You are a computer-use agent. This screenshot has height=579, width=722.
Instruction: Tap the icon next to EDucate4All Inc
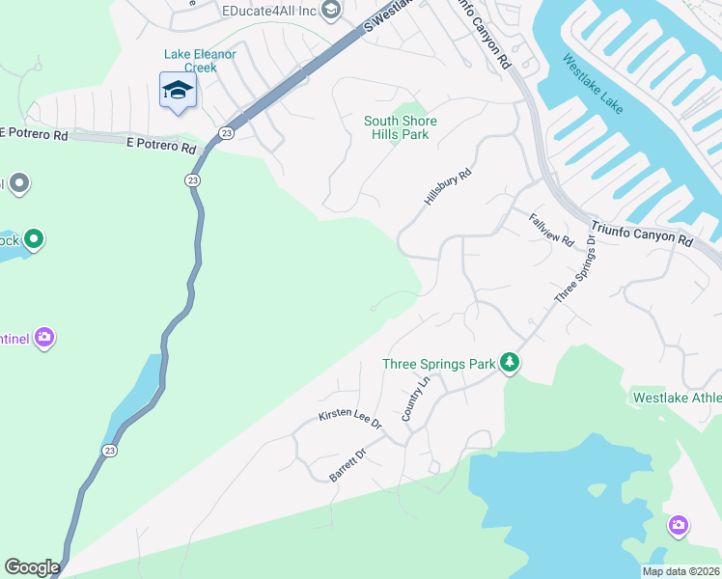click(x=332, y=11)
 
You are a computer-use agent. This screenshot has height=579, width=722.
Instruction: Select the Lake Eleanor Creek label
click(x=200, y=61)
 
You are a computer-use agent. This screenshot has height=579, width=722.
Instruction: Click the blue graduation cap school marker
click(x=178, y=92)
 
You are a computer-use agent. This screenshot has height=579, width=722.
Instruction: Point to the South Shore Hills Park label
click(x=401, y=127)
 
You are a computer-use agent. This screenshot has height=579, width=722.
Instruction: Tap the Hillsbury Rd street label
click(x=448, y=185)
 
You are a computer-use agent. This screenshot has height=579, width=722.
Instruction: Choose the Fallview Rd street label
click(x=551, y=229)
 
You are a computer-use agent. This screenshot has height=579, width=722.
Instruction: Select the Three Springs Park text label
click(x=438, y=364)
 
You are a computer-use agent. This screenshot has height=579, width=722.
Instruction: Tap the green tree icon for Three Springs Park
click(x=510, y=364)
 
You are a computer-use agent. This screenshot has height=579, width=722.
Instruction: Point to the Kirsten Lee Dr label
click(x=350, y=418)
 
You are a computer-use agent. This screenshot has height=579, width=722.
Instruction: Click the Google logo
click(x=32, y=567)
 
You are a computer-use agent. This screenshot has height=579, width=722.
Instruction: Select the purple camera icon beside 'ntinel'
click(x=44, y=338)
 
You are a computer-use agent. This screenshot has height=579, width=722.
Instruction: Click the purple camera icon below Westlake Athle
click(x=679, y=526)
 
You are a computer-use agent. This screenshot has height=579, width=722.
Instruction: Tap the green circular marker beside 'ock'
click(x=34, y=238)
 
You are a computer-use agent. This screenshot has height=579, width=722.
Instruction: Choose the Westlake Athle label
click(x=676, y=397)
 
